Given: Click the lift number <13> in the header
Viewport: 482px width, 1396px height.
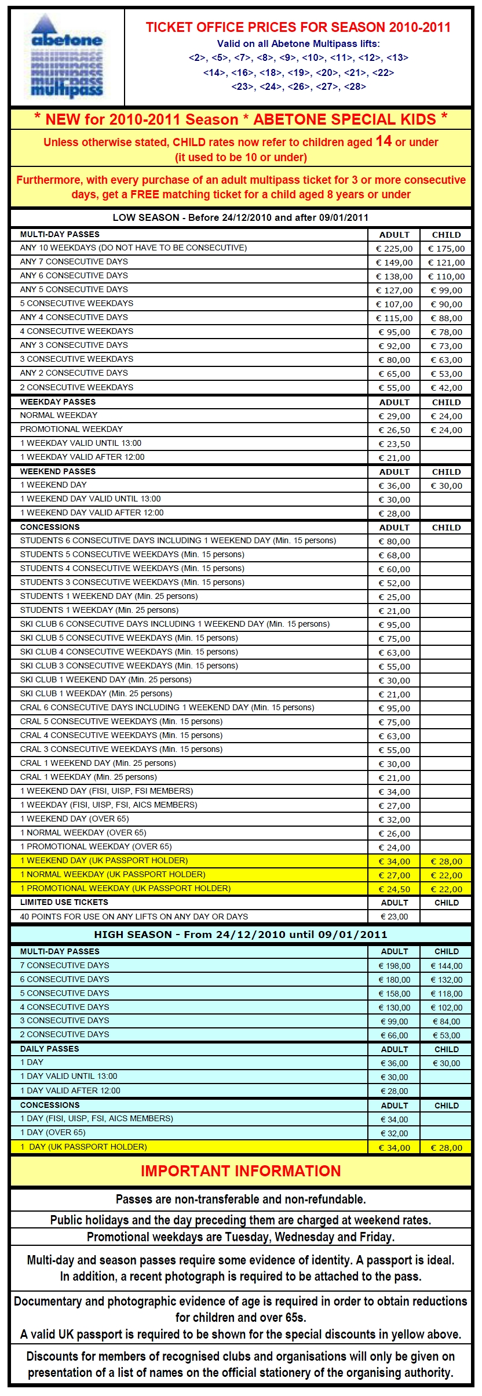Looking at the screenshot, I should point(397,58).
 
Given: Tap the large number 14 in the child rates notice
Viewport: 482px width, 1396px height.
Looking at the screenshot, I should point(384,141).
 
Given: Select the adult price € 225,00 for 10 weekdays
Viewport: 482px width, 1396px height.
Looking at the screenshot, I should point(394,249).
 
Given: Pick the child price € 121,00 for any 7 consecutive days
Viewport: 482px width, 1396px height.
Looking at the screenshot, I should point(446,263).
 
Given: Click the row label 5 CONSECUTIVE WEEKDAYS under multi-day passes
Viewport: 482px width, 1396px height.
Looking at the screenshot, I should point(76,303).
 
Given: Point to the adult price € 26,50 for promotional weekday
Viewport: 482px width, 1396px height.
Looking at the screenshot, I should point(394,430).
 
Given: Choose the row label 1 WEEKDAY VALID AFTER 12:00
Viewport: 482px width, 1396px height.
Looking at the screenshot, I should point(82,457).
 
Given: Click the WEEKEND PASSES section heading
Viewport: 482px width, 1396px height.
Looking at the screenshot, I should point(58,471).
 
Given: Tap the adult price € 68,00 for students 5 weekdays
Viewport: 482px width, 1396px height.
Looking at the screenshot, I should point(394,555).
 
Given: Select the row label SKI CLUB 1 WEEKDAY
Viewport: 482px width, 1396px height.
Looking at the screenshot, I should point(96,693).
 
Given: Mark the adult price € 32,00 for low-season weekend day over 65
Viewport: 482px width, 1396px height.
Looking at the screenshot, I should point(394,820).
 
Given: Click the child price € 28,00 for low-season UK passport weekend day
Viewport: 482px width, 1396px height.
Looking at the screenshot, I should point(446,861).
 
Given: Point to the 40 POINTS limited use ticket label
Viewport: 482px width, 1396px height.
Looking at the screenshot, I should point(134,917).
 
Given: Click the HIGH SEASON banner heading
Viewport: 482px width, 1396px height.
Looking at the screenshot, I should point(240,935).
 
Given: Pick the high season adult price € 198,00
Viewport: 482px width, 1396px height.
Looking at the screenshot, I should point(394,966).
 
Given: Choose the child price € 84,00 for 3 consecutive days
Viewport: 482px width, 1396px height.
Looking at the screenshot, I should point(446,1021).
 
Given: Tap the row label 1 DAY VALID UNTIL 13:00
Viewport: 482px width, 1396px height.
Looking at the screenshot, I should point(68,1076).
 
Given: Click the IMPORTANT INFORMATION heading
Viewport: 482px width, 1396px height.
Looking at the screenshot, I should point(240,1170).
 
